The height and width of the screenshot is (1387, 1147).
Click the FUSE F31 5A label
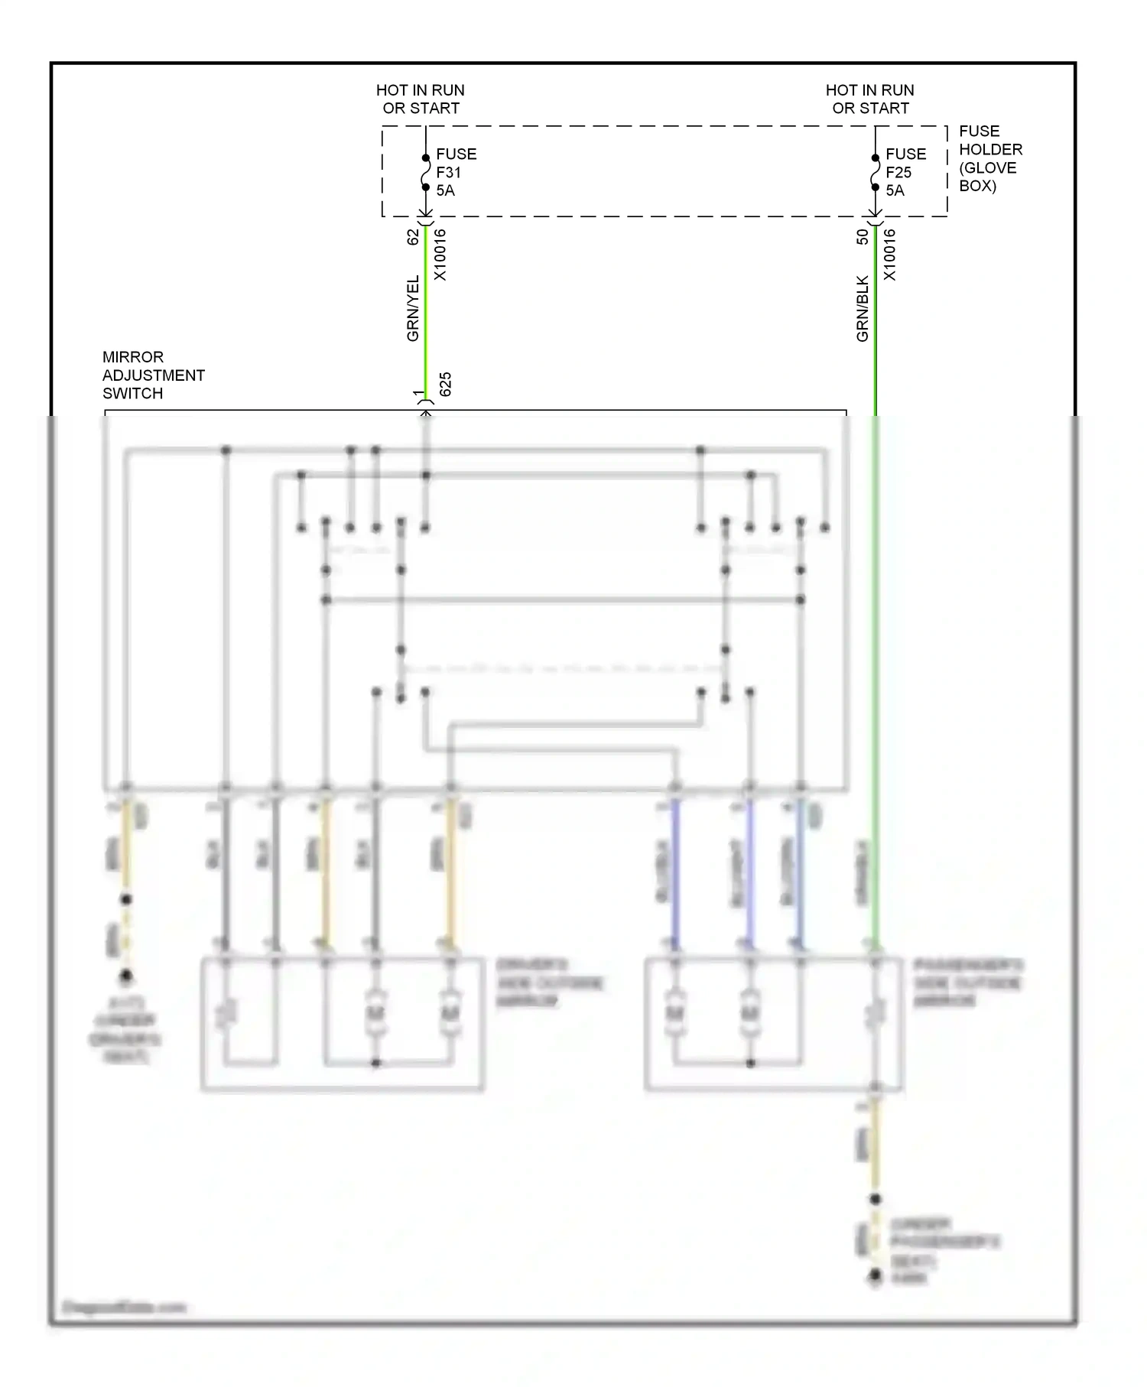[456, 172]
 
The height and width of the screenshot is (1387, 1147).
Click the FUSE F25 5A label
[905, 172]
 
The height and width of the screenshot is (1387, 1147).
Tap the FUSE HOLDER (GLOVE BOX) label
[990, 158]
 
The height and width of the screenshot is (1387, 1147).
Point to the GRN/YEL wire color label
[413, 308]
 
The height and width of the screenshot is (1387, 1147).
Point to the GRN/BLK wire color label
[863, 308]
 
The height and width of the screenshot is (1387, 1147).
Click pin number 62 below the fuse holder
[413, 237]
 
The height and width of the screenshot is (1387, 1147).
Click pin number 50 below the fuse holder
[863, 237]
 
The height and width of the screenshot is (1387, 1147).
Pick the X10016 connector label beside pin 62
[440, 255]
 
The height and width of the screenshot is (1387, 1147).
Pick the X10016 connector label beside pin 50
[890, 255]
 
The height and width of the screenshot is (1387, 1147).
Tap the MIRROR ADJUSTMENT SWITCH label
[153, 375]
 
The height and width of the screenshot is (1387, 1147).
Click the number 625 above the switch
[446, 384]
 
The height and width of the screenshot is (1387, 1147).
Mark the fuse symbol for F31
[426, 173]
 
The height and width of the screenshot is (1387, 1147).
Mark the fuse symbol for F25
[876, 173]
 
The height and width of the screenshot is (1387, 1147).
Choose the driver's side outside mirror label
[549, 983]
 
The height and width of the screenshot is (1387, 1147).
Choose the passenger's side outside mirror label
[968, 983]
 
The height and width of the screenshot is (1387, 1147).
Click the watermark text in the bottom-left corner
[124, 1307]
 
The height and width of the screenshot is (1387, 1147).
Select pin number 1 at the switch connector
[418, 393]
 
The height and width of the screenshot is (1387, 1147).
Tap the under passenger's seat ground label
[944, 1249]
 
